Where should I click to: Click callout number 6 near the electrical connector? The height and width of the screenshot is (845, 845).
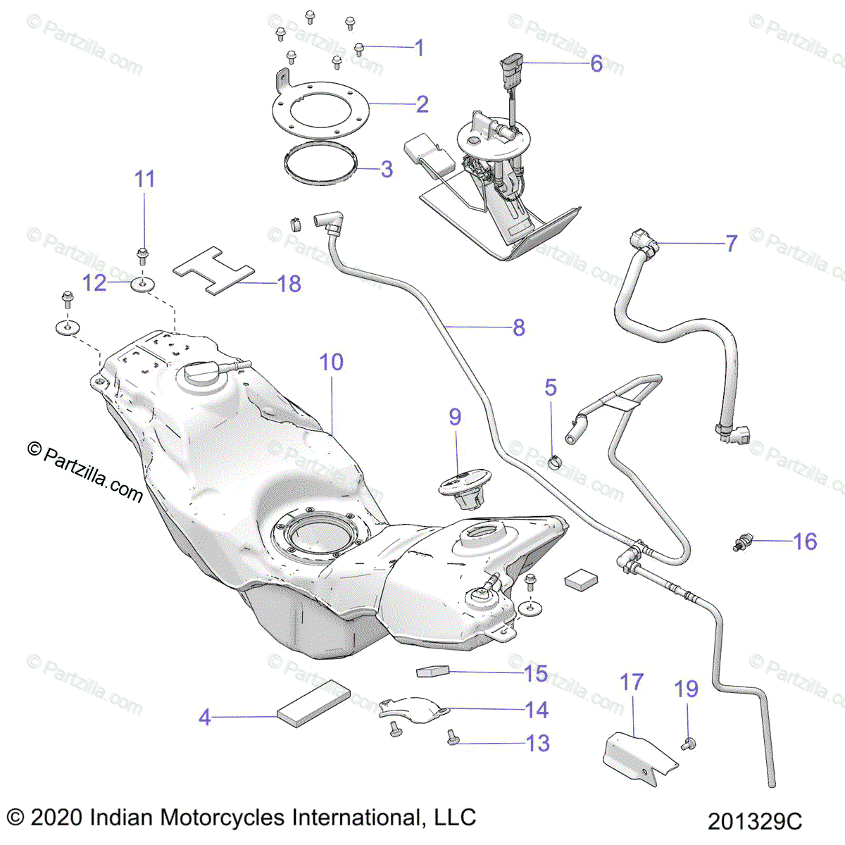pyautogui.click(x=596, y=64)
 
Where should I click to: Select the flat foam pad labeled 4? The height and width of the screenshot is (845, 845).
pyautogui.click(x=313, y=703)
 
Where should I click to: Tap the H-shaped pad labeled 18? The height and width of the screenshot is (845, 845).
pyautogui.click(x=213, y=270)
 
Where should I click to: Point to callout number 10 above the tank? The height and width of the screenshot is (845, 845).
pyautogui.click(x=332, y=363)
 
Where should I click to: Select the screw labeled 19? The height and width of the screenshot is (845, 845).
pyautogui.click(x=689, y=741)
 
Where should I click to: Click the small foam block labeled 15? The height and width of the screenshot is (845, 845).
pyautogui.click(x=432, y=671)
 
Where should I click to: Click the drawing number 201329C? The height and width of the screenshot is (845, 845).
pyautogui.click(x=755, y=821)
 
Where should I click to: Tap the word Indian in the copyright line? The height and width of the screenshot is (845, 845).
pyautogui.click(x=122, y=818)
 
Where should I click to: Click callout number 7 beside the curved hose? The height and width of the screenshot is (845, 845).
pyautogui.click(x=732, y=244)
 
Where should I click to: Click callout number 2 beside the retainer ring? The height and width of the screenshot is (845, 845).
pyautogui.click(x=422, y=104)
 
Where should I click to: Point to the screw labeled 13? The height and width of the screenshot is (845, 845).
pyautogui.click(x=452, y=738)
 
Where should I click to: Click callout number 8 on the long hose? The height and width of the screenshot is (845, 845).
pyautogui.click(x=519, y=327)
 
